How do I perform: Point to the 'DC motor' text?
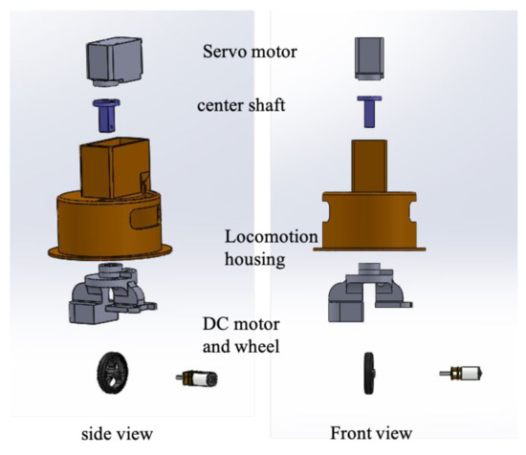point(241,324)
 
